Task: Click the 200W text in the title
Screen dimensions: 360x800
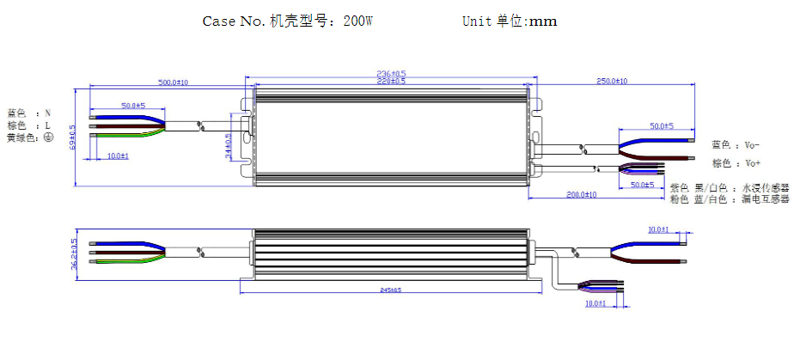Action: [x=357, y=21]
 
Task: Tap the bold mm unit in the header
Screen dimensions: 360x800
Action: [x=542, y=21]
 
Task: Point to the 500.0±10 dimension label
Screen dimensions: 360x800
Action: [x=173, y=82]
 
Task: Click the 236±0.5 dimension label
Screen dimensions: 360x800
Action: [x=392, y=74]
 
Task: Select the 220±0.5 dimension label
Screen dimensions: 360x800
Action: [x=392, y=81]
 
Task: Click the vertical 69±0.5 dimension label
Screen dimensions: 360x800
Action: [x=73, y=137]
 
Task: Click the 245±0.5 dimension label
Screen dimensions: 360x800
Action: [x=392, y=290]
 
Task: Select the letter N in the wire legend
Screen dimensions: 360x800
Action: [x=48, y=113]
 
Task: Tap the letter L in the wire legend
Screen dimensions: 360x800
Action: [x=48, y=125]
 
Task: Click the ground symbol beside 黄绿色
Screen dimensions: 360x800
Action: [x=49, y=137]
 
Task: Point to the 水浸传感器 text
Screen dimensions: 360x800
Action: [x=765, y=187]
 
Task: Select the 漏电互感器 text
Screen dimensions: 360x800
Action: [x=765, y=199]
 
